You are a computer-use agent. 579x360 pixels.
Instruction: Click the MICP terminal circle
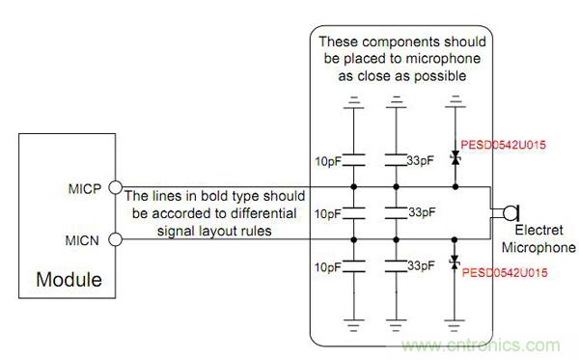(115, 187)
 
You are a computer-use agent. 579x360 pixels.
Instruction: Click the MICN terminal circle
(115, 239)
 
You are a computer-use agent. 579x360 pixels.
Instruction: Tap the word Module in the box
(69, 280)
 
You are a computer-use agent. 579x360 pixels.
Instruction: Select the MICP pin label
(85, 189)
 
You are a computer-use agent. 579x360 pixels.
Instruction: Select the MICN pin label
(82, 240)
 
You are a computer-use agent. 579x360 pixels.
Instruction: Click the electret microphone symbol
(511, 213)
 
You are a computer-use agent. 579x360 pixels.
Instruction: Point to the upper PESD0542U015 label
(503, 145)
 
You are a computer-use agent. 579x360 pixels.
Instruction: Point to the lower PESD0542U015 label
(505, 273)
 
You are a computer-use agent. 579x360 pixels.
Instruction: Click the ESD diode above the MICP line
(455, 159)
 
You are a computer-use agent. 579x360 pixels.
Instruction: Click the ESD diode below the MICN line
(455, 263)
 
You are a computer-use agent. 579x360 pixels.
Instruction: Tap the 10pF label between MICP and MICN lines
(327, 214)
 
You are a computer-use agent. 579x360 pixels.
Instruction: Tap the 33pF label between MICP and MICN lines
(422, 212)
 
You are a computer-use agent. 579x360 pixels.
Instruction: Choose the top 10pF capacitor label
(328, 161)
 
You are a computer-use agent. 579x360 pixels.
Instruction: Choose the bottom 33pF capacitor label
(421, 265)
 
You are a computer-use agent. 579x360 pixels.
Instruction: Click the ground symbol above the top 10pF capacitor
(354, 102)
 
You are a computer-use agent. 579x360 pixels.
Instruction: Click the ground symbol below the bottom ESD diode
(455, 324)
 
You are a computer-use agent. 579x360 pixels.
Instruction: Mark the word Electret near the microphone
(538, 230)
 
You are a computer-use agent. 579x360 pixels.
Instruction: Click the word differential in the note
(262, 213)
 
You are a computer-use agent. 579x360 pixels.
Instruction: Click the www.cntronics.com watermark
(481, 346)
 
